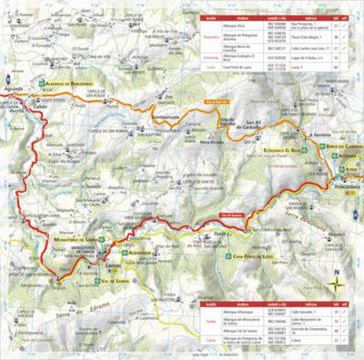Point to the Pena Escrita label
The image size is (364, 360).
(x=212, y=143)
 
